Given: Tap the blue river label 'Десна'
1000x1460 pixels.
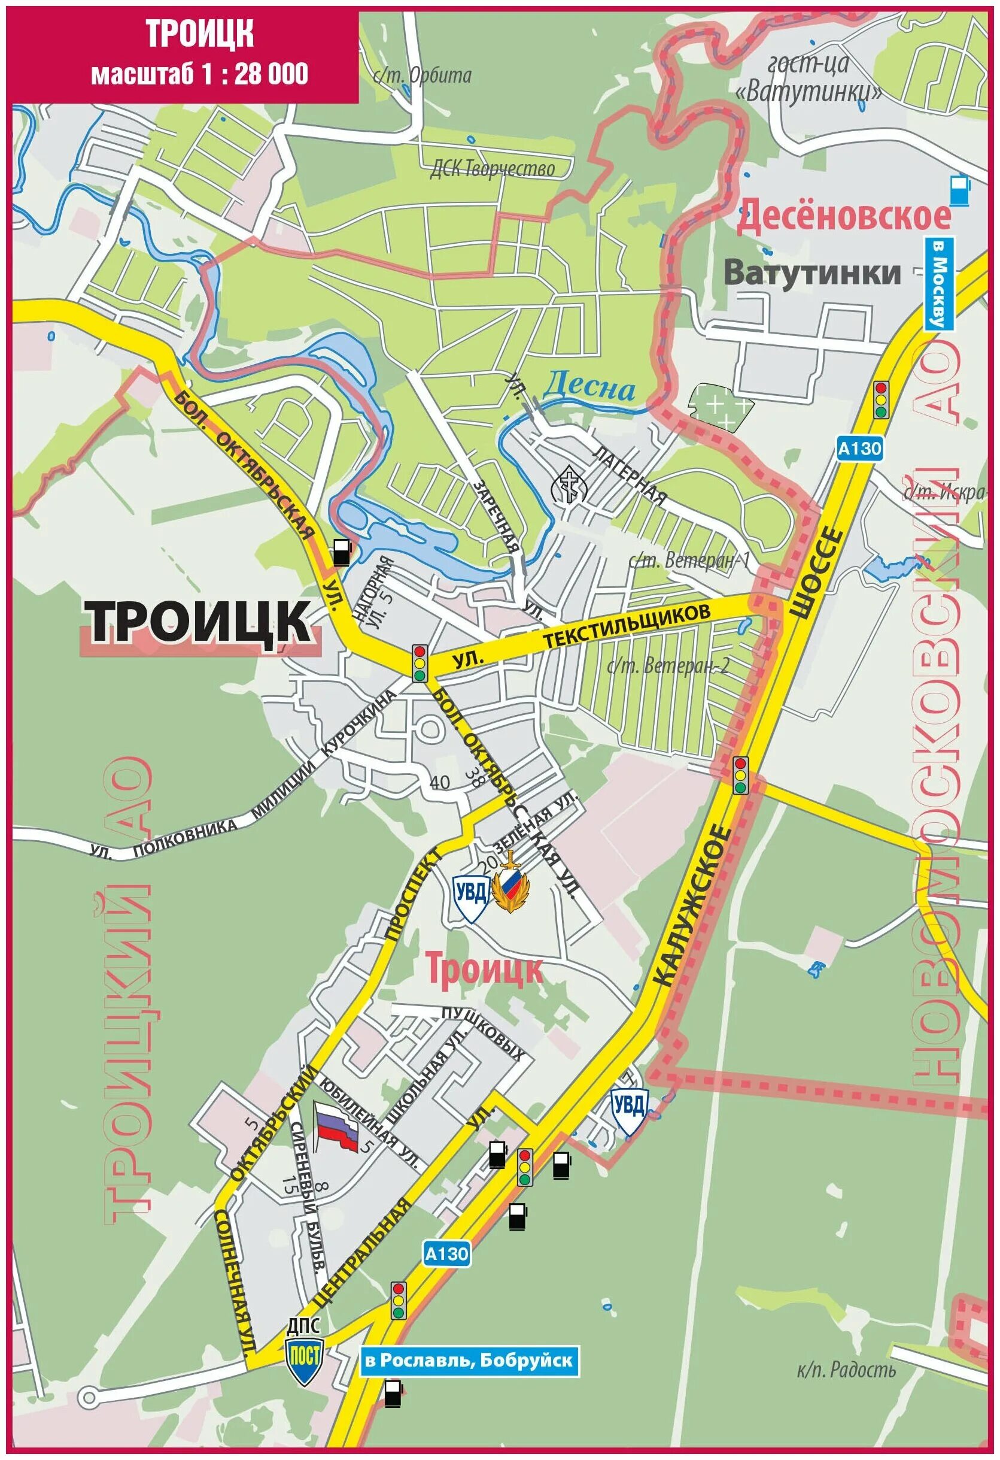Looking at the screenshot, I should tap(588, 387).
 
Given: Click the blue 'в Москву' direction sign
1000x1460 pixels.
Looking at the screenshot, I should tap(939, 283).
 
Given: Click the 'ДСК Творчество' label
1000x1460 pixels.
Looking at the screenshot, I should tap(492, 169).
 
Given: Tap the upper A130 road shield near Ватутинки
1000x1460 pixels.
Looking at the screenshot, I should tap(859, 449).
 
